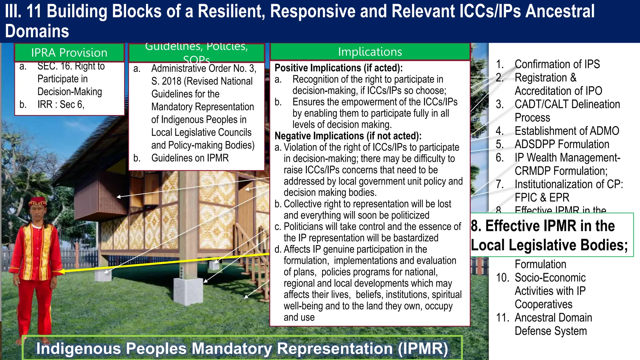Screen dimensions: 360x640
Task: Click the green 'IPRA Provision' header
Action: click(69, 52)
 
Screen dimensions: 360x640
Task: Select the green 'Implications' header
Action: click(370, 52)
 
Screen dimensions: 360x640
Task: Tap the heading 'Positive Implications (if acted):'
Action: click(338, 68)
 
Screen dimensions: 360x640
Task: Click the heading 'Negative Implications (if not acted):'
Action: click(348, 136)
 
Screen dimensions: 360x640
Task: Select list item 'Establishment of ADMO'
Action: click(567, 131)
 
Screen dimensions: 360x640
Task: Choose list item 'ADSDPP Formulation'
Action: click(562, 144)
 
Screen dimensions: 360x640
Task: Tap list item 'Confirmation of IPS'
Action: click(557, 64)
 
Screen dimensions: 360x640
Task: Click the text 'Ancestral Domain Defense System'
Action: click(553, 324)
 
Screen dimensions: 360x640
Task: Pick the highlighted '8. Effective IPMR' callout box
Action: click(551, 235)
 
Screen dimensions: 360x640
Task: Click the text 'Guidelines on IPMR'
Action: click(190, 158)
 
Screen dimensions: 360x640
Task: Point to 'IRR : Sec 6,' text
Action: click(61, 104)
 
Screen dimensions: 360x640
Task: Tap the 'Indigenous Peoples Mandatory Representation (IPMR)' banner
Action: click(242, 348)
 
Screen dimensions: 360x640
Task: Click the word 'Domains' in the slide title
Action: click(37, 31)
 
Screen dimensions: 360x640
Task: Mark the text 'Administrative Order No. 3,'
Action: click(203, 68)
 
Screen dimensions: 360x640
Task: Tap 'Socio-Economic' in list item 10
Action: click(550, 277)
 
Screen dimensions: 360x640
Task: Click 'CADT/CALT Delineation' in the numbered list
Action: click(567, 104)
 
